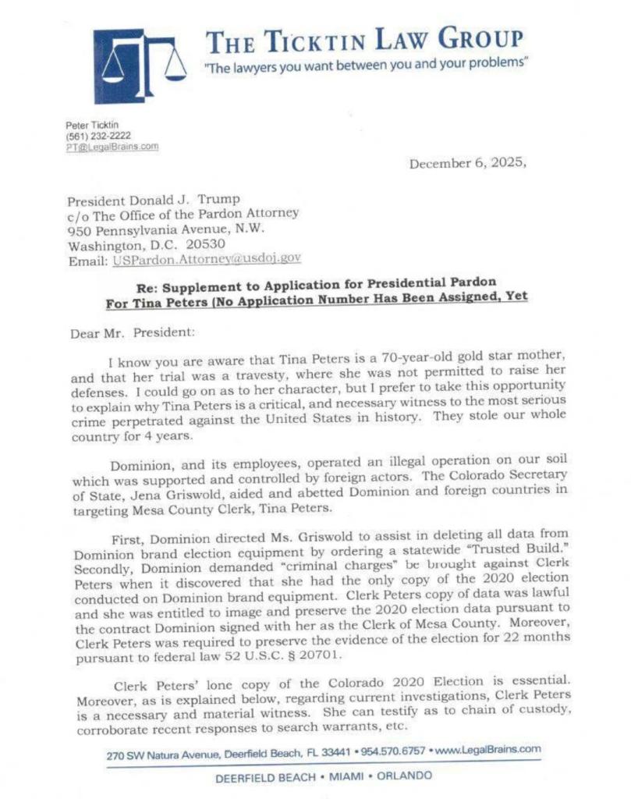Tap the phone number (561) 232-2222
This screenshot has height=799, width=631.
point(87,136)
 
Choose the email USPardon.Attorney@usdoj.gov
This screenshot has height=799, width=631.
point(207,257)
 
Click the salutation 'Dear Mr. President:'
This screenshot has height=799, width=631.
point(125,332)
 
